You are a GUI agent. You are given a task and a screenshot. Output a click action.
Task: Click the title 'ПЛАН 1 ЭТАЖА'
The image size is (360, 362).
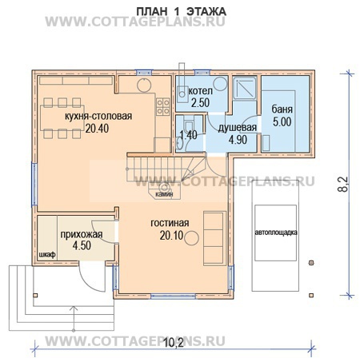pyautogui.click(x=181, y=12)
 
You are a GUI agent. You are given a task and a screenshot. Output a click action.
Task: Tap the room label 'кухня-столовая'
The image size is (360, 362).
pyautogui.click(x=98, y=117)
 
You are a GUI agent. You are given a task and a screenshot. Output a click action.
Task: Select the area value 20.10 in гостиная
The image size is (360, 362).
pyautogui.click(x=172, y=236)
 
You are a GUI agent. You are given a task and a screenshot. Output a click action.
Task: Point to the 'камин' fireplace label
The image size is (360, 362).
pyautogui.click(x=164, y=194)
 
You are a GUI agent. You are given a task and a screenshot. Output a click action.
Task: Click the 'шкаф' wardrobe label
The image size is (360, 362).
pyautogui.click(x=47, y=255)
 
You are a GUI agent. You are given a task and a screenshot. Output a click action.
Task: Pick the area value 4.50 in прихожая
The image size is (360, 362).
pyautogui.click(x=82, y=245)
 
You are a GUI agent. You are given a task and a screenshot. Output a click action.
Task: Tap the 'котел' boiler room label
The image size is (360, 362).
pyautogui.click(x=201, y=91)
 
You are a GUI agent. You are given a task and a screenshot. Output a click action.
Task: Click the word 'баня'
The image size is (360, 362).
pyautogui.click(x=282, y=109)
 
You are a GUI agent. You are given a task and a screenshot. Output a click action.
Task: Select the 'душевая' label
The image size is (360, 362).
pyautogui.click(x=238, y=128)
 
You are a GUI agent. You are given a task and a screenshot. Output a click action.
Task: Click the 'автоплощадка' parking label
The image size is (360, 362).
pyautogui.click(x=276, y=233)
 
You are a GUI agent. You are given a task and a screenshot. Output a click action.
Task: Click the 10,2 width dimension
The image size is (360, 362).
pyautogui.click(x=174, y=343)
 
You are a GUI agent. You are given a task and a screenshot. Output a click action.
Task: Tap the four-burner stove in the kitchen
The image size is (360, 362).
pyautogui.click(x=163, y=106)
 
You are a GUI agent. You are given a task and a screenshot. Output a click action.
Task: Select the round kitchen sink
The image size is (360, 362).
pyautogui.click(x=144, y=85)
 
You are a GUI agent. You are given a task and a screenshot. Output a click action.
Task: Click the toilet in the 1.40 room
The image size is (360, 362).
pyautogui.click(x=189, y=125)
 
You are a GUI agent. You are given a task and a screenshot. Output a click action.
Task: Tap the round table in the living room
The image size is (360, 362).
pyautogui.click(x=191, y=238)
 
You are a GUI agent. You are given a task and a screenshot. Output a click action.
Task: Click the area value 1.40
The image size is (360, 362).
pyautogui.click(x=189, y=135)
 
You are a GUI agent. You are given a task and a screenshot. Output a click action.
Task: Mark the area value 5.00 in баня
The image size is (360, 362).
pyautogui.click(x=282, y=121)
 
